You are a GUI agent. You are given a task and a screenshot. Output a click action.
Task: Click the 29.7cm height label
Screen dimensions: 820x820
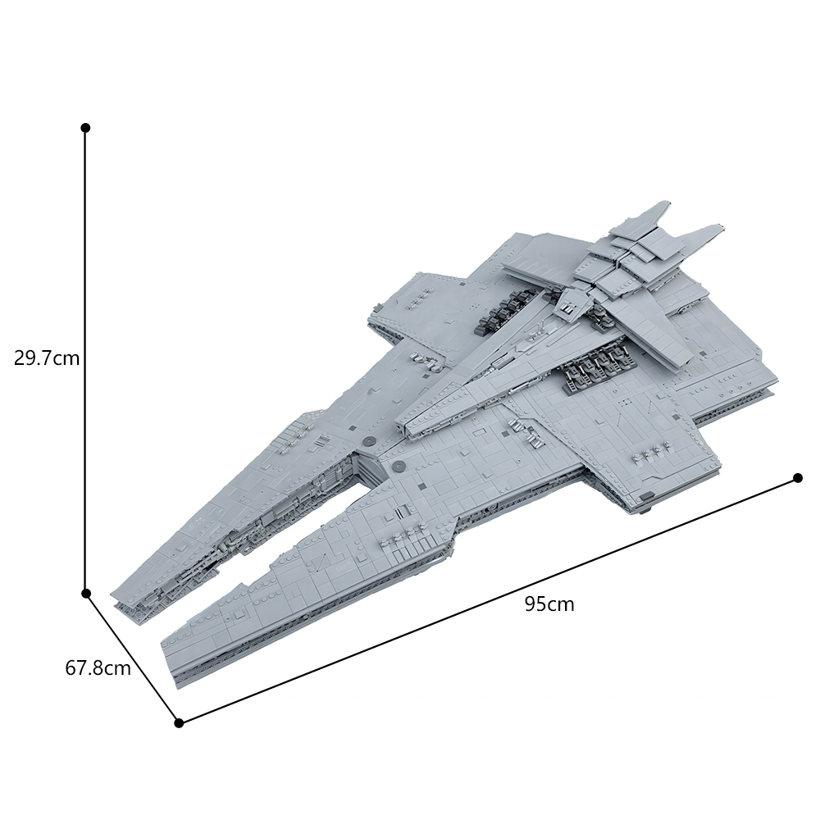click(x=47, y=358)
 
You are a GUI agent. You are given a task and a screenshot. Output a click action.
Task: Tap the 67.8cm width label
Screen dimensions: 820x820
click(x=98, y=667)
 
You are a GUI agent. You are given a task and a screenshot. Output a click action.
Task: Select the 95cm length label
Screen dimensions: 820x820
click(x=549, y=604)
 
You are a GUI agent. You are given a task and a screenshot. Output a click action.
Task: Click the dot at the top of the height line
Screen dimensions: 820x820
click(x=86, y=128)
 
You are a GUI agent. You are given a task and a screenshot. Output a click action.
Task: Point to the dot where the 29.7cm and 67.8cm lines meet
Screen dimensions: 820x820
click(x=86, y=593)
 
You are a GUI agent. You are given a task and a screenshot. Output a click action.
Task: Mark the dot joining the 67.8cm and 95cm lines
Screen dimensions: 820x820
click(x=179, y=722)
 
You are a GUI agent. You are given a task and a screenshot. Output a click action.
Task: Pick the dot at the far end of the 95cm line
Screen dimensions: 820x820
click(x=798, y=477)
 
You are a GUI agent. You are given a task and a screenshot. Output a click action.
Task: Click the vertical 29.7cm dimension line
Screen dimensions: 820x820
click(x=86, y=360)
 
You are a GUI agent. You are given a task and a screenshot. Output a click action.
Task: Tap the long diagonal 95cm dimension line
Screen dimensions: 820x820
click(x=488, y=600)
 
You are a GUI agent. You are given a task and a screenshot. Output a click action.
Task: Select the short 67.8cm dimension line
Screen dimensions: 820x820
click(x=132, y=658)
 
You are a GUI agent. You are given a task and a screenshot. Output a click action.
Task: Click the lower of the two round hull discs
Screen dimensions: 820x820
click(x=399, y=464)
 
